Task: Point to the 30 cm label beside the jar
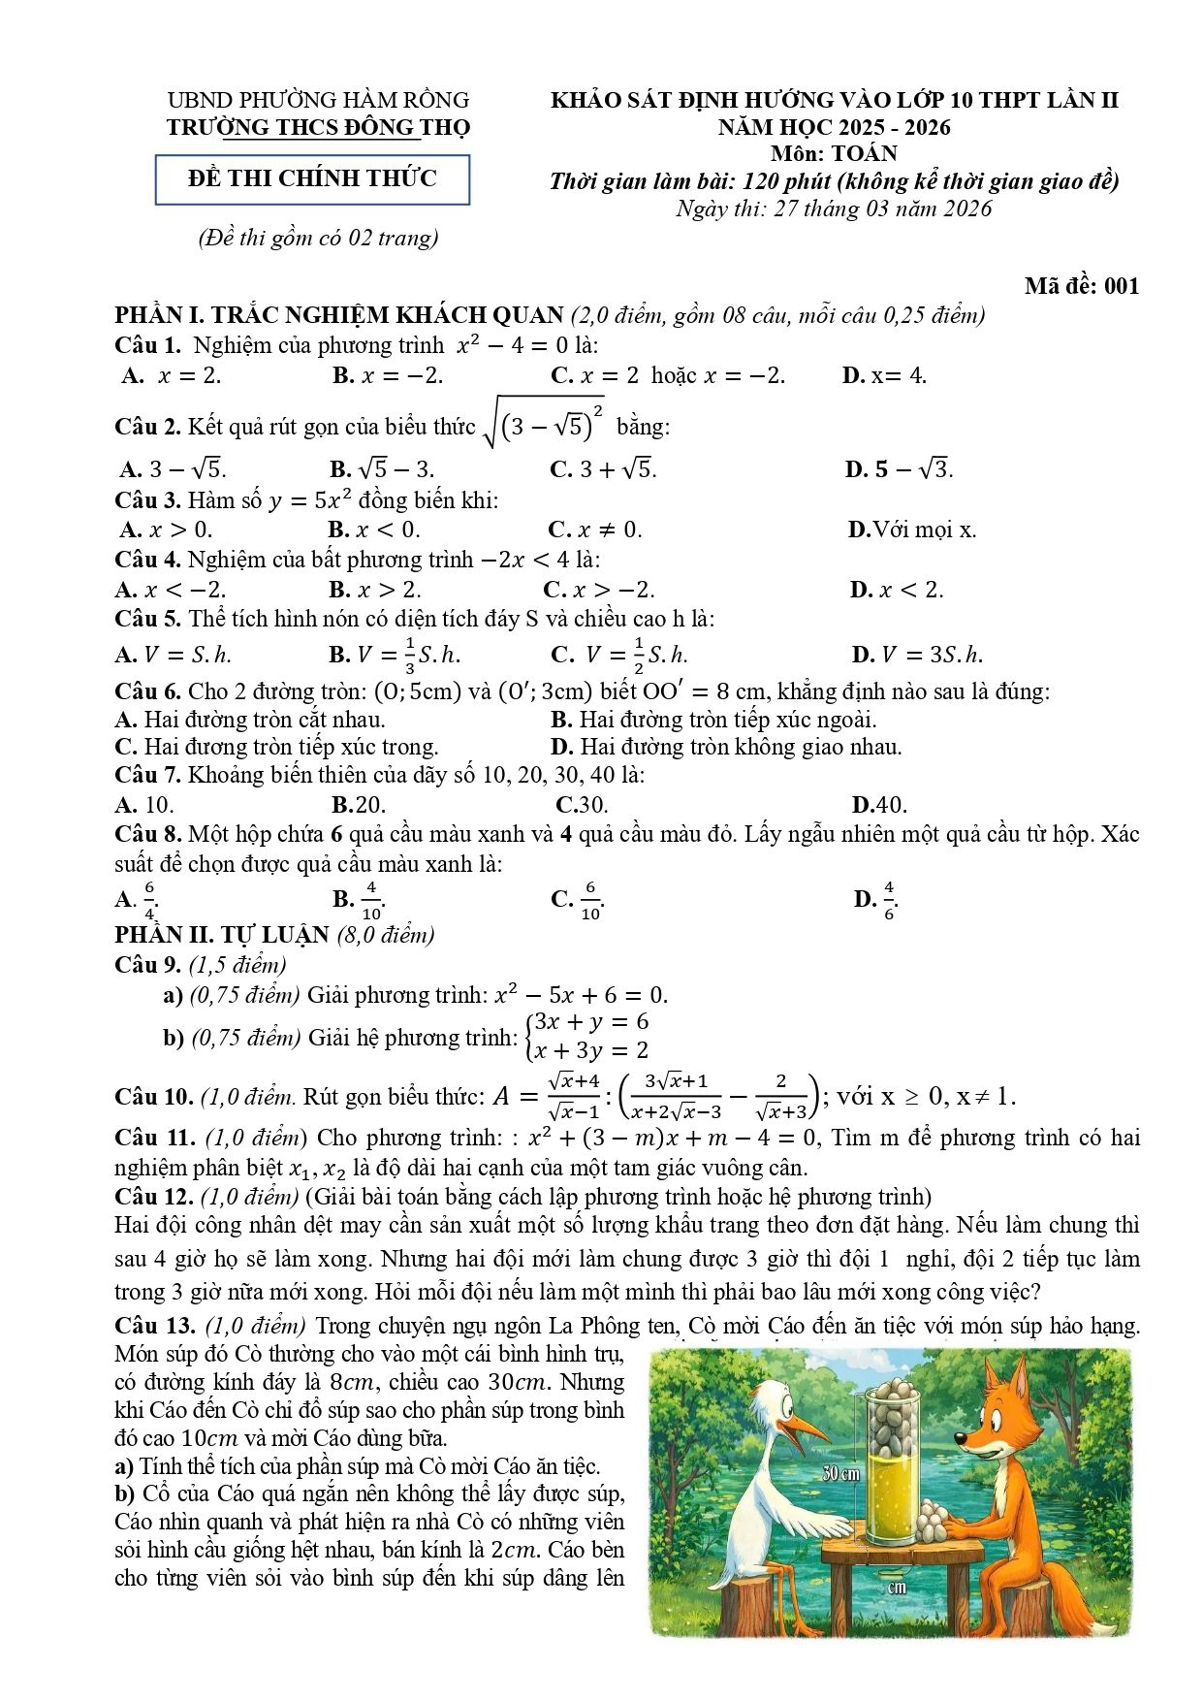tap(840, 1473)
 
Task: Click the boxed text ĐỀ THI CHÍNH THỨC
tap(312, 179)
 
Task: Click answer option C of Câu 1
tap(668, 376)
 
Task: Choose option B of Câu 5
tap(395, 655)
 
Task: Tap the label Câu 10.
tap(154, 1097)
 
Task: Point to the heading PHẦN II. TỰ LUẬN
tap(222, 935)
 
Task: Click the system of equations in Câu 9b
tap(586, 1036)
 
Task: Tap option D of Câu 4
tap(896, 590)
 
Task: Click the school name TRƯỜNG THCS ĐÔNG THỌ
tap(318, 127)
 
